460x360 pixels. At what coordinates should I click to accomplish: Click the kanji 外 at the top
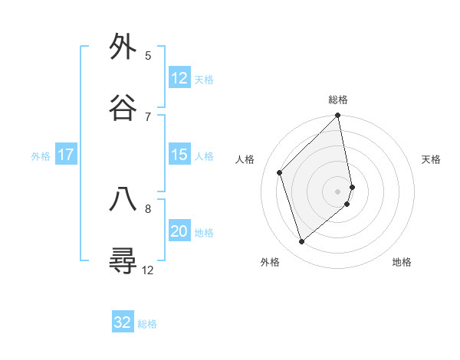point(123,47)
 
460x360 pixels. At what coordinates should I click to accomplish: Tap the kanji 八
point(123,199)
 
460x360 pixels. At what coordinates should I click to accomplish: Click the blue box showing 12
point(179,78)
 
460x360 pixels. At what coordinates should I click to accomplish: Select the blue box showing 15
point(179,155)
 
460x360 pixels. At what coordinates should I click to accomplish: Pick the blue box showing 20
point(179,231)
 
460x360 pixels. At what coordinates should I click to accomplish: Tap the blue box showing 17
point(66,155)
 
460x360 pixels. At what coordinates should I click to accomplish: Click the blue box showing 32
point(123,322)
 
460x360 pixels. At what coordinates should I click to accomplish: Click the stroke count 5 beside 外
point(148,56)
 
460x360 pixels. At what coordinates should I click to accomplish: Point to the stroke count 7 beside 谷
point(148,116)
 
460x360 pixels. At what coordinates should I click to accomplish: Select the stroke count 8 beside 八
point(148,208)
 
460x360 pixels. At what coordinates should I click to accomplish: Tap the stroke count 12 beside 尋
point(148,270)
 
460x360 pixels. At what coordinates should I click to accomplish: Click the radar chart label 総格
point(338,100)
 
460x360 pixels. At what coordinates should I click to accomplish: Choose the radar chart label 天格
point(432,159)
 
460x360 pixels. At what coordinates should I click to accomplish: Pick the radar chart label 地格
point(402,262)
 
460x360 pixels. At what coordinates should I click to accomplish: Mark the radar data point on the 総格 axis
point(338,116)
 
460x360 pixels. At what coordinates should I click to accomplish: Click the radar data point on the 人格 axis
point(280,172)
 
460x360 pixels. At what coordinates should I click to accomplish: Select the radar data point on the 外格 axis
point(302,241)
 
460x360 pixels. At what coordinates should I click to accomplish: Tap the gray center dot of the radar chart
point(338,191)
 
